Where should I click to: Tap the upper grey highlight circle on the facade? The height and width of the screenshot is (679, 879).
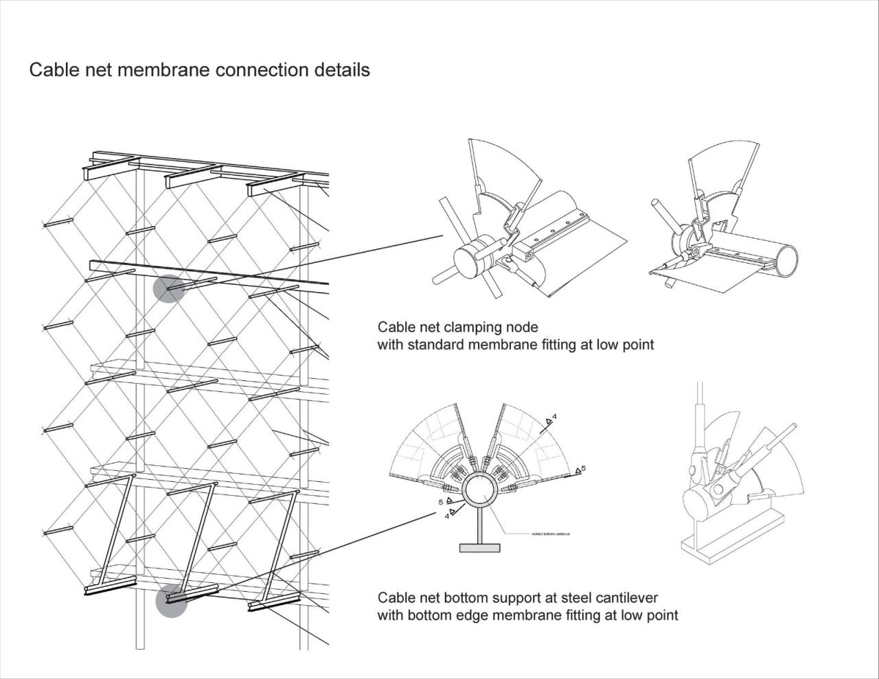point(169,288)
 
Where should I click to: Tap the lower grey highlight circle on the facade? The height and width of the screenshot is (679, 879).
point(171,602)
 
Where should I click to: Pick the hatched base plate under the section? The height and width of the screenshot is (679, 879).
point(480,547)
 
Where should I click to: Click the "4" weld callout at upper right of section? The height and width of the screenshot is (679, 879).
point(554,417)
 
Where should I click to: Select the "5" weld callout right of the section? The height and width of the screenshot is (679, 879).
point(583,468)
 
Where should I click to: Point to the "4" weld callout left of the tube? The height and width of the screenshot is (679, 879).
point(447,516)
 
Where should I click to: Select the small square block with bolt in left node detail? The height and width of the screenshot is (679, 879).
point(527,255)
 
